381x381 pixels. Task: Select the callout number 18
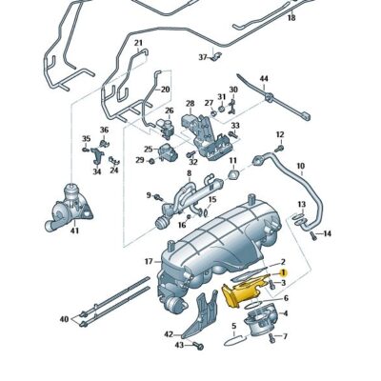(x=291, y=18)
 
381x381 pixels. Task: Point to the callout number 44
(x=264, y=78)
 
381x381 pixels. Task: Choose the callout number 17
(x=149, y=261)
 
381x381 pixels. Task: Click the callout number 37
(x=203, y=57)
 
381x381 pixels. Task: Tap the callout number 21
(x=138, y=44)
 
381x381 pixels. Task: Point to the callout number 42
(x=168, y=334)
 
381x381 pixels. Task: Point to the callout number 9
(x=149, y=195)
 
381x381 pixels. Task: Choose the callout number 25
(x=149, y=150)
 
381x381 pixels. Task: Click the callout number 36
(x=104, y=130)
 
